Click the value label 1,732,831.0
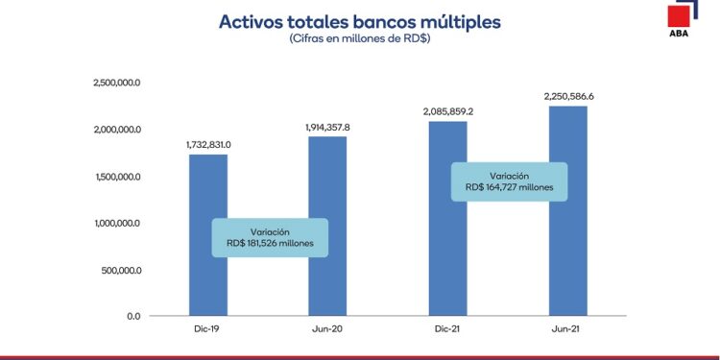208,144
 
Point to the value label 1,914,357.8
327,127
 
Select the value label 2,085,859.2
448,111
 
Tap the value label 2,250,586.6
567,96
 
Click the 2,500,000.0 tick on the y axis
118,84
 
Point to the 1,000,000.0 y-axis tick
118,223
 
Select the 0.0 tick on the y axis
132,316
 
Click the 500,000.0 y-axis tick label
121,270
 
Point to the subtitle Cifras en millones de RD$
359,39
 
